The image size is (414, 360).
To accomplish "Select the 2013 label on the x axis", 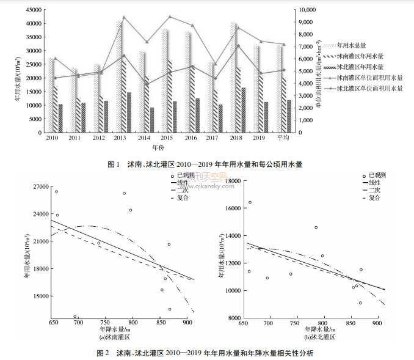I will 120,139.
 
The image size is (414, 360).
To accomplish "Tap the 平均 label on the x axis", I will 283,139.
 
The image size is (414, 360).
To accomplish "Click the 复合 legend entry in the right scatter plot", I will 375,197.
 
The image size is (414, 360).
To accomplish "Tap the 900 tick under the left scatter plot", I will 184,323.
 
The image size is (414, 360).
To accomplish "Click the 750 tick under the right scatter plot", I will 297,323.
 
